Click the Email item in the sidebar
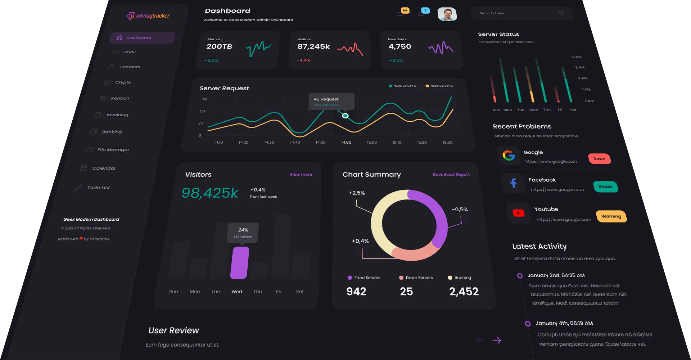pyautogui.click(x=129, y=52)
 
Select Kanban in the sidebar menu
pyautogui.click(x=120, y=98)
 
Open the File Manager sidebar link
pyautogui.click(x=113, y=150)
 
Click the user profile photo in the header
pyautogui.click(x=447, y=14)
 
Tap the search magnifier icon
pyautogui.click(x=561, y=13)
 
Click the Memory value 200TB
pyautogui.click(x=219, y=46)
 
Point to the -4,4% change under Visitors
pyautogui.click(x=303, y=60)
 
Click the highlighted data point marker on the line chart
pyautogui.click(x=345, y=116)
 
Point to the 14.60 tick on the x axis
pyautogui.click(x=346, y=143)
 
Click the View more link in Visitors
pyautogui.click(x=301, y=175)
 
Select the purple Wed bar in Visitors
pyautogui.click(x=240, y=262)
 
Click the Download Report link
pyautogui.click(x=451, y=175)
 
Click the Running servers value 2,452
pyautogui.click(x=464, y=292)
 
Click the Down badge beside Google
pyautogui.click(x=599, y=159)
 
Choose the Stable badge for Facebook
pyautogui.click(x=605, y=186)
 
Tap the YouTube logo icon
pyautogui.click(x=518, y=213)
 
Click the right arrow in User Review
pyautogui.click(x=497, y=340)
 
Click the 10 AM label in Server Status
pyautogui.click(x=576, y=57)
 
